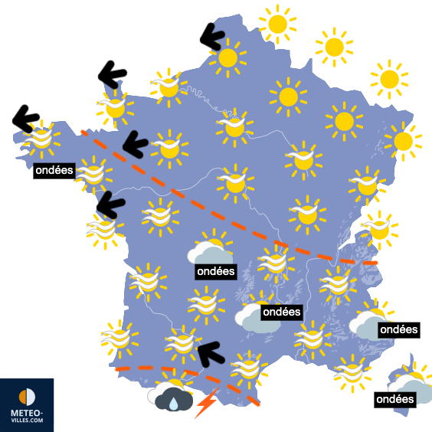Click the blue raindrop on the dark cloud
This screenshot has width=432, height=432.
[x=175, y=402]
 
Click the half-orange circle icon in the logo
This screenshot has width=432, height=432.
[x=27, y=397]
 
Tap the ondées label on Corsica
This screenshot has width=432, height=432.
[x=394, y=399]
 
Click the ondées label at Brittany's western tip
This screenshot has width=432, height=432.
[x=54, y=169]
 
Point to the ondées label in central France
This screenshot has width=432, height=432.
[x=215, y=271]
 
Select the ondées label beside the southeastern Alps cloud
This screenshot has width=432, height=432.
[x=398, y=329]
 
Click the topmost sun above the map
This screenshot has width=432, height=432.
[x=277, y=24]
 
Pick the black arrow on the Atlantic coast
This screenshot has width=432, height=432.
[x=111, y=202]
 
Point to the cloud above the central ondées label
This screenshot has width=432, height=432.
[x=207, y=250]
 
